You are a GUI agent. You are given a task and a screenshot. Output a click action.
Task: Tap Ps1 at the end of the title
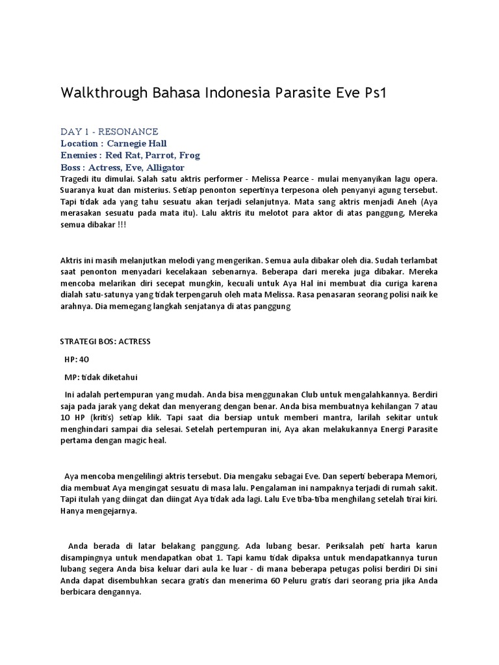pyautogui.click(x=373, y=93)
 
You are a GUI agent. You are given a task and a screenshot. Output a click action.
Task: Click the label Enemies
pyautogui.click(x=81, y=155)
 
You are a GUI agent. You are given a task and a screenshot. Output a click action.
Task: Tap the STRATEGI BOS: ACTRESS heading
pyautogui.click(x=108, y=341)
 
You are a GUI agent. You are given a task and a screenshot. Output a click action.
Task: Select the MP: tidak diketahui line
pyautogui.click(x=101, y=377)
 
